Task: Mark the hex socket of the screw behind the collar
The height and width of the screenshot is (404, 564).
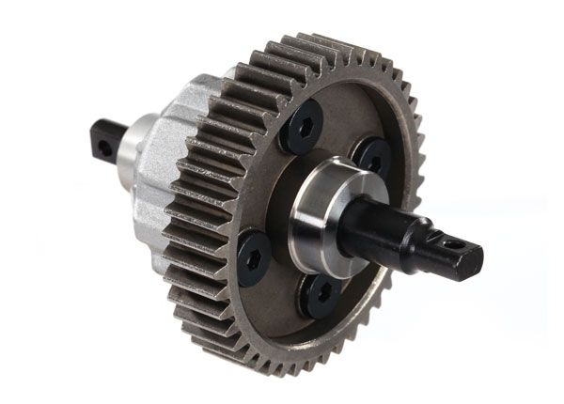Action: click(375, 162)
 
